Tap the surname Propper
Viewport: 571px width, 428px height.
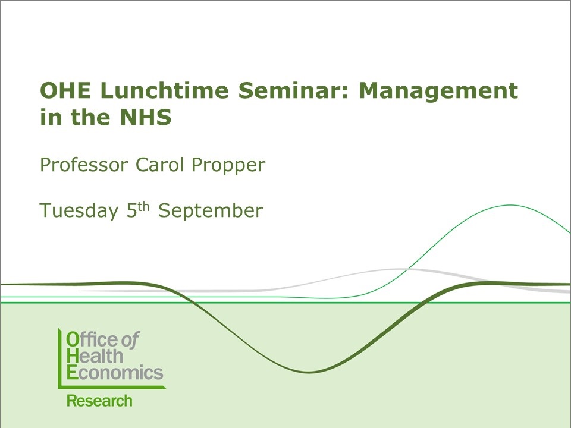(x=228, y=165)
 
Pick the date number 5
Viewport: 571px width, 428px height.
(x=132, y=211)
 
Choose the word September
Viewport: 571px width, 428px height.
(x=211, y=212)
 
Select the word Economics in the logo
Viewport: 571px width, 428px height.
(x=114, y=373)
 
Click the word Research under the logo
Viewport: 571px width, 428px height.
(x=99, y=401)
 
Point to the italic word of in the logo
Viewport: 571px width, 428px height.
(x=130, y=340)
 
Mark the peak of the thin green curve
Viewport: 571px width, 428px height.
(x=510, y=205)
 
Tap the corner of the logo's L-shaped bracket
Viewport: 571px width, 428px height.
(x=59, y=386)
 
